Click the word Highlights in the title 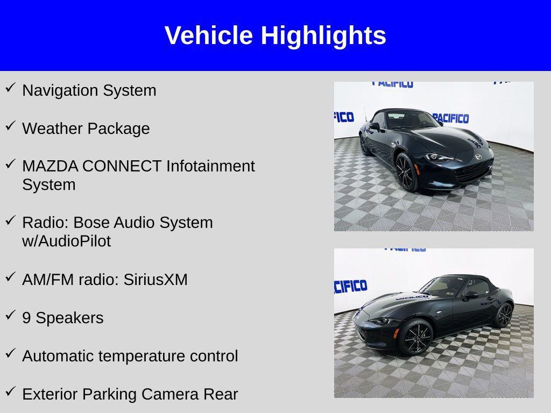click(323, 36)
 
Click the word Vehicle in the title click(209, 35)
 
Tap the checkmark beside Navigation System click(10, 88)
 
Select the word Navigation click(60, 91)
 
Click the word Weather click(52, 128)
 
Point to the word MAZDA click(50, 166)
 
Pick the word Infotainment click(210, 166)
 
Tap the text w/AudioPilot click(66, 241)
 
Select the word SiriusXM click(156, 280)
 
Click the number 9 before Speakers click(26, 318)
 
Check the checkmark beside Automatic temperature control click(10, 353)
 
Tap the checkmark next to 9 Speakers click(10, 315)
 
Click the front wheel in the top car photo click(406, 172)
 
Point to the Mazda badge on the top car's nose click(478, 156)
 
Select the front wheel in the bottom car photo click(416, 338)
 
